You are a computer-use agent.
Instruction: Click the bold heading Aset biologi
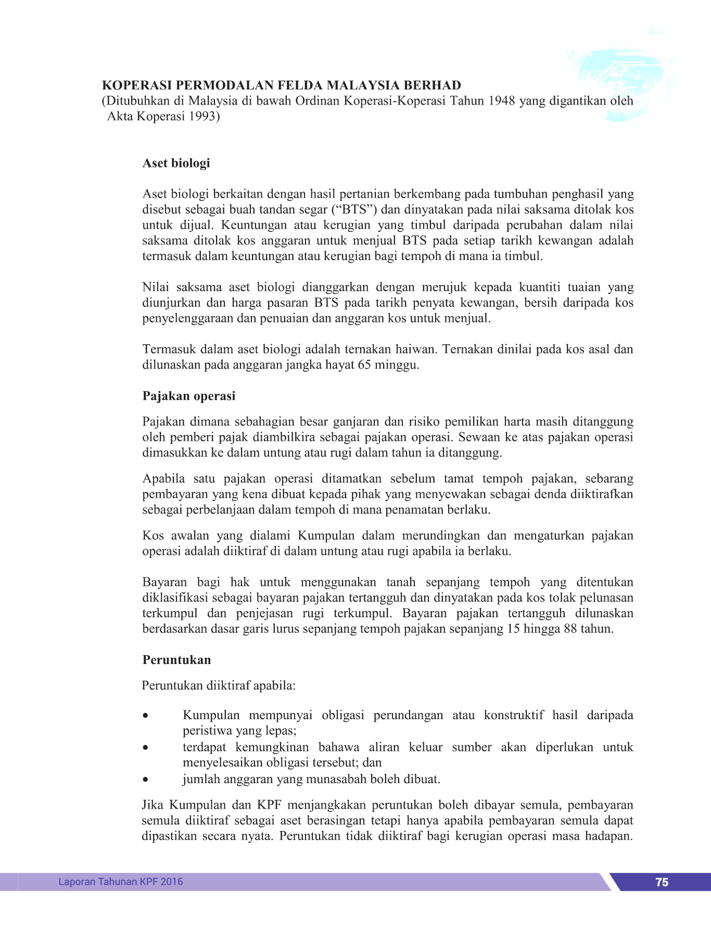click(x=176, y=163)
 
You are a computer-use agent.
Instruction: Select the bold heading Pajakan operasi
click(x=189, y=396)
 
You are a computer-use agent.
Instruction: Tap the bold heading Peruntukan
click(x=176, y=660)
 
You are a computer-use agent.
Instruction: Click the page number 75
click(x=662, y=882)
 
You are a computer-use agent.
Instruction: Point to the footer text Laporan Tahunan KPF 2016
click(x=121, y=881)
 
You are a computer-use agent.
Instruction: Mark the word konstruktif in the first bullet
click(x=513, y=716)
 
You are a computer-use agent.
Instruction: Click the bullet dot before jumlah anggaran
click(x=146, y=779)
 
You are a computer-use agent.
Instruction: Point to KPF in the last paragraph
click(x=269, y=805)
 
